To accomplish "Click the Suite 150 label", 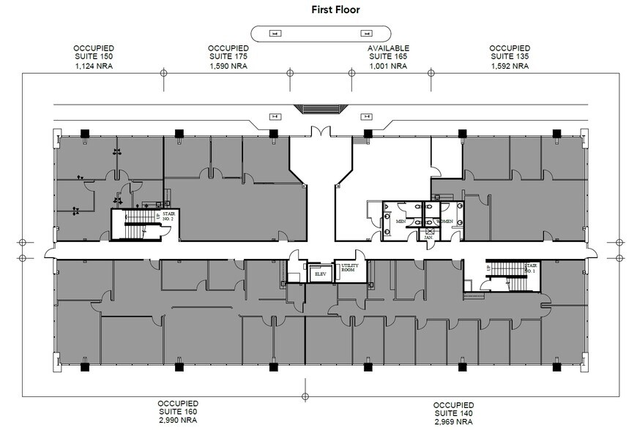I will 94,56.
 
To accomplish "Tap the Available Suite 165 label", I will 387,56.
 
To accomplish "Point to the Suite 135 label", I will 510,56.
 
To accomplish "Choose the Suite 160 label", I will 178,412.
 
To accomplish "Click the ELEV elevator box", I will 318,274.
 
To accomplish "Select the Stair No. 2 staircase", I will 137,223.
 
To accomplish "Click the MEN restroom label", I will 401,221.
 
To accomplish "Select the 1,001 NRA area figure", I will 387,66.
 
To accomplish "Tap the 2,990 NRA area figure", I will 178,421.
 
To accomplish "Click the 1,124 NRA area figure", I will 94,66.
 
